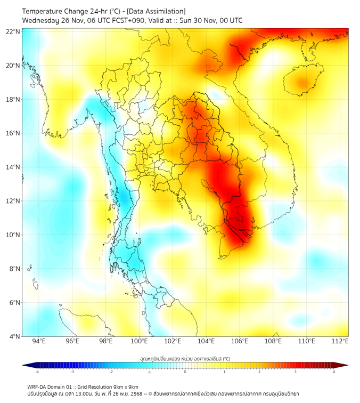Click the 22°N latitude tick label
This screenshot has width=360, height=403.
point(13,31)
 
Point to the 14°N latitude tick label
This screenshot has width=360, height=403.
point(13,167)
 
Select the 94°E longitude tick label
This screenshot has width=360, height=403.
point(39,341)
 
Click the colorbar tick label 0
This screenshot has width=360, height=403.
point(185,372)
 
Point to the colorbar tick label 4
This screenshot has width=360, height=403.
point(334,372)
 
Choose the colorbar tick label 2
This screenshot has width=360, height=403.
point(259,372)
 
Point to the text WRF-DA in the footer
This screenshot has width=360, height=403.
point(38,386)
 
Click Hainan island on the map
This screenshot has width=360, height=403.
point(301,83)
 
